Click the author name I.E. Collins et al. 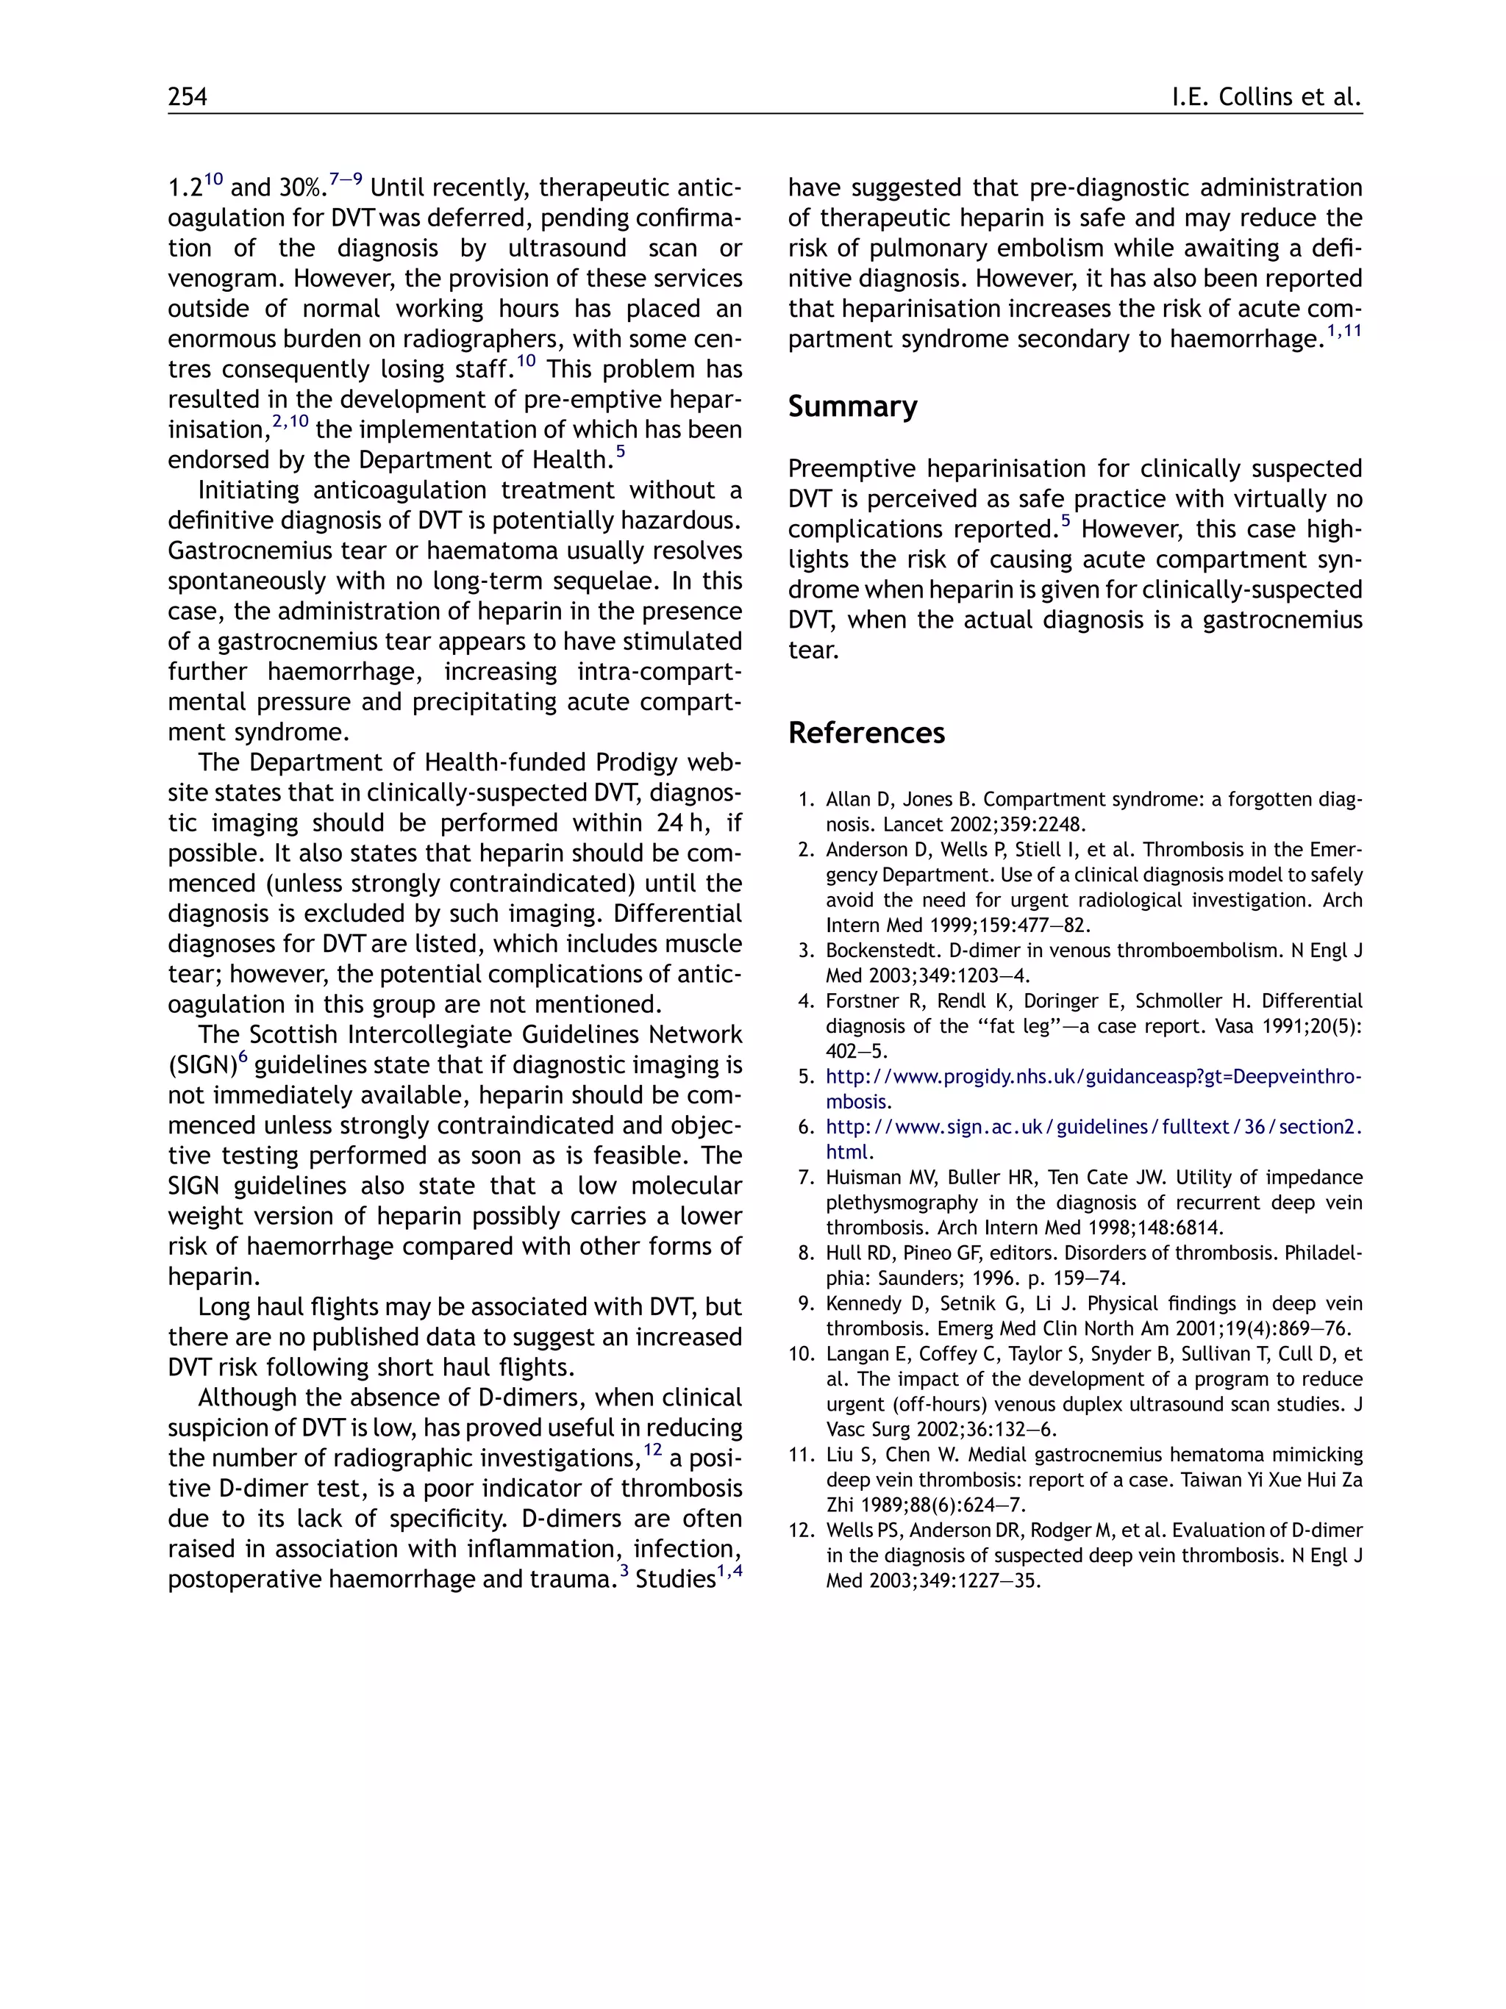point(1266,97)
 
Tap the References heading point(866,732)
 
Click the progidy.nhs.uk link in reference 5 point(1093,1077)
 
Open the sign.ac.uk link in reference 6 point(1093,1127)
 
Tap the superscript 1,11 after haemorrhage point(1344,332)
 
